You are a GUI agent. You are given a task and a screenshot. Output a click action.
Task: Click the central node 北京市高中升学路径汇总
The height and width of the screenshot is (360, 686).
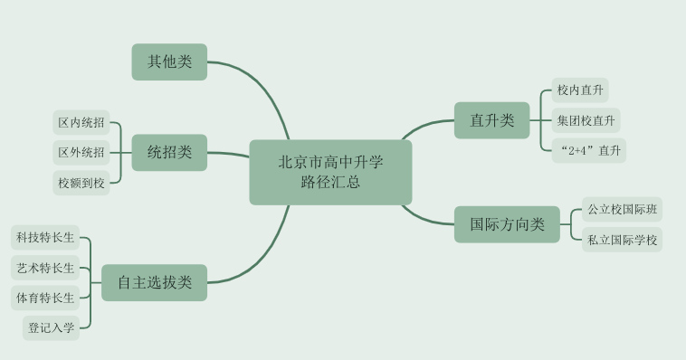330,172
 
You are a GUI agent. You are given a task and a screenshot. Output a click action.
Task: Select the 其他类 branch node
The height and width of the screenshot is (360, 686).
169,62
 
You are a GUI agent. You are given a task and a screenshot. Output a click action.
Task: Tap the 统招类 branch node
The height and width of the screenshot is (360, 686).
169,152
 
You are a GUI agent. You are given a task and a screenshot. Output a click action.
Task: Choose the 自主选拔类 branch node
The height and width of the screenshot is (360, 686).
154,282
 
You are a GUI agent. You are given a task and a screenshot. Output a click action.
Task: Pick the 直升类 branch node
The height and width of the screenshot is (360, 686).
491,120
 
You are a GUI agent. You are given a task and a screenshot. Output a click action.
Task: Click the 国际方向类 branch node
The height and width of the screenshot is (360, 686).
507,224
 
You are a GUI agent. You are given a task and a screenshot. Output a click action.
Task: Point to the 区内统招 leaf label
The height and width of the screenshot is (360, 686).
81,122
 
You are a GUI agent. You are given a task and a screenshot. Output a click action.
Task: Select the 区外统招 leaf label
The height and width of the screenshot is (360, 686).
81,152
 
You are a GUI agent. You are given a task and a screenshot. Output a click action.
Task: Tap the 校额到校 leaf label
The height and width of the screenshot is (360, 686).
81,183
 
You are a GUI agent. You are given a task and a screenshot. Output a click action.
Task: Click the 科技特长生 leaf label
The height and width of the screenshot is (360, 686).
44,238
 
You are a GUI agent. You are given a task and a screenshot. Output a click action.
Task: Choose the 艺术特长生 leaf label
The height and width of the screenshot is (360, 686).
44,268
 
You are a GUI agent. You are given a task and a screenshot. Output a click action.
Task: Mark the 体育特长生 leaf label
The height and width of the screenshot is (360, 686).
44,297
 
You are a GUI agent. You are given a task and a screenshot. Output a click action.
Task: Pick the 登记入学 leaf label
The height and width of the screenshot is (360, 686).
52,327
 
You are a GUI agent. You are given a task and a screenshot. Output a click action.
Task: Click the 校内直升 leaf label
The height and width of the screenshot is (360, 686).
580,90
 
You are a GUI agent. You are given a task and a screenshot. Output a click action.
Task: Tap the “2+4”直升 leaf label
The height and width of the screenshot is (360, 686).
589,150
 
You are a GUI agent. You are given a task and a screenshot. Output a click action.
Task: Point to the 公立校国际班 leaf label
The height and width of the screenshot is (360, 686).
622,210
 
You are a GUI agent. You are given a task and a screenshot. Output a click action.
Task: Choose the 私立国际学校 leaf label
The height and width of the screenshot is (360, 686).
622,240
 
